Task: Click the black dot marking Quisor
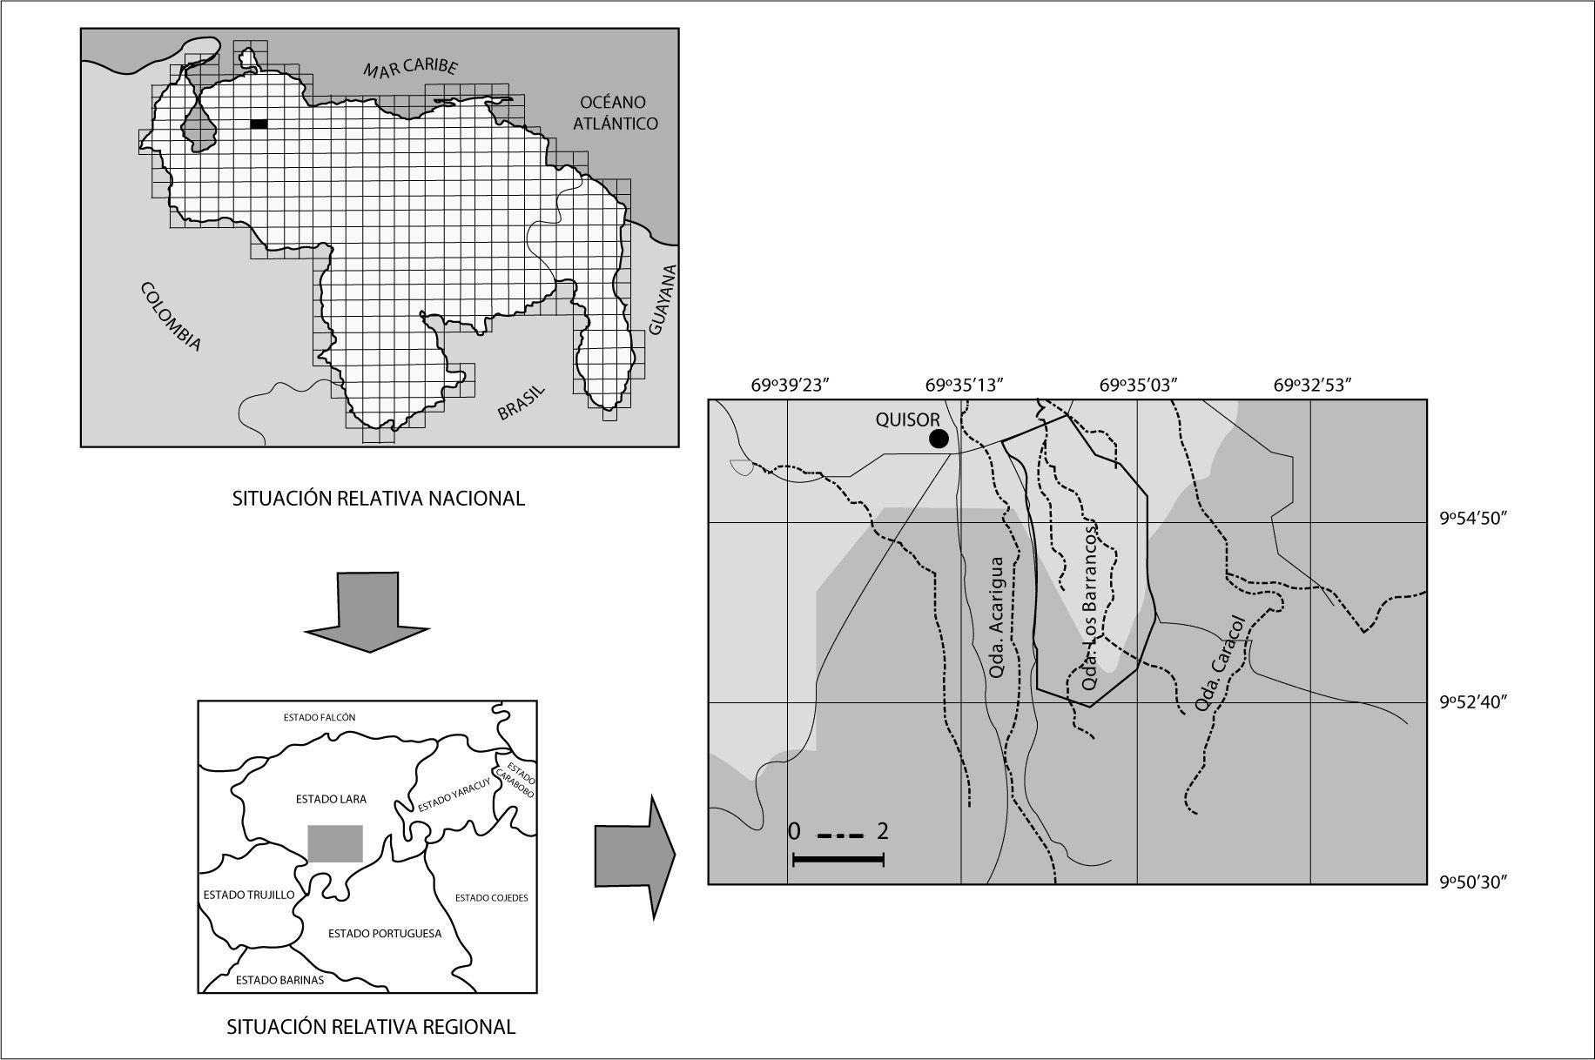pyautogui.click(x=939, y=439)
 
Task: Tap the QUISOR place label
pyautogui.click(x=907, y=419)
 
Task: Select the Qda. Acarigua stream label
pyautogui.click(x=999, y=618)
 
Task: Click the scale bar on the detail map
pyautogui.click(x=838, y=860)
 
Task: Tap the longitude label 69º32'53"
pyautogui.click(x=1312, y=386)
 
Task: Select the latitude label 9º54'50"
pyautogui.click(x=1472, y=519)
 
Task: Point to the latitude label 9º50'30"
pyautogui.click(x=1472, y=882)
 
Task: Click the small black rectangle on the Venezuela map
pyautogui.click(x=259, y=124)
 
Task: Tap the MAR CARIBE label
pyautogui.click(x=410, y=69)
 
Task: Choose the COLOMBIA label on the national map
pyautogui.click(x=171, y=317)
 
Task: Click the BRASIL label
pyautogui.click(x=521, y=403)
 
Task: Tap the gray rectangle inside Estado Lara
pyautogui.click(x=335, y=843)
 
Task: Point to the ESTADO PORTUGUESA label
pyautogui.click(x=384, y=933)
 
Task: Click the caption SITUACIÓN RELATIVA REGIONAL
pyautogui.click(x=371, y=1027)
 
